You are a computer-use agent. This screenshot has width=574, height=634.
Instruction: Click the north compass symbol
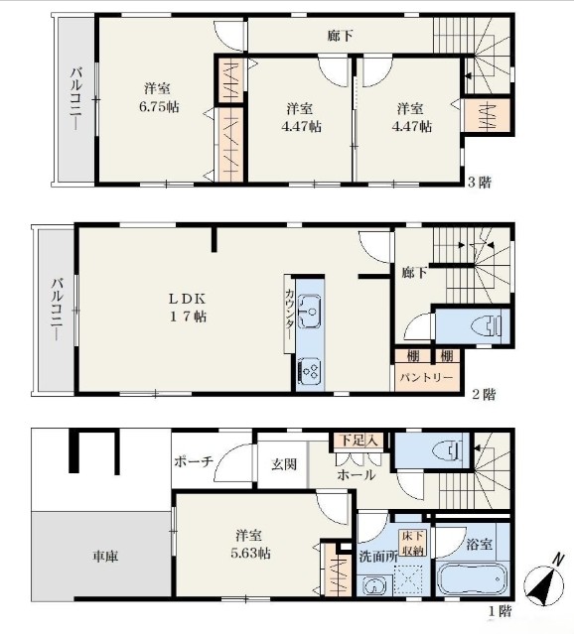point(544,582)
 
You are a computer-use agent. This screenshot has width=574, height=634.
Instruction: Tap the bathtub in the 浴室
point(472,579)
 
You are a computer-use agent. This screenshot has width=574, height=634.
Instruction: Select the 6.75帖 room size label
point(159,107)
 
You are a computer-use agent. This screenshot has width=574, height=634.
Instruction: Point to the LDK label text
point(188,299)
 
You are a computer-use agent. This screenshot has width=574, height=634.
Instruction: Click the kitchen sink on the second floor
point(310,311)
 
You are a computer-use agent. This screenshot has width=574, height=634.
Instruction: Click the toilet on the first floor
point(447,449)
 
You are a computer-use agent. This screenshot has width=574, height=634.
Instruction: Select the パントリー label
point(426,378)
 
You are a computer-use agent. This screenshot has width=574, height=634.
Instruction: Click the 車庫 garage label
point(105,557)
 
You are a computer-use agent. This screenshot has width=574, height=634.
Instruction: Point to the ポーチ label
point(194,461)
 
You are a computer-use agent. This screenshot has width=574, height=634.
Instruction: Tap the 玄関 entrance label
point(284,464)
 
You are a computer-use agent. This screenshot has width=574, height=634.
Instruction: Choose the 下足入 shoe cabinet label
point(359,441)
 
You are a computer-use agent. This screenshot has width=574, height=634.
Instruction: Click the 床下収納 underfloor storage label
point(412,543)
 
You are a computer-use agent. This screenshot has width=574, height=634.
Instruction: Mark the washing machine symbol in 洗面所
point(374,585)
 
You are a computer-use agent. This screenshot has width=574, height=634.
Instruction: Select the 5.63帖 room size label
point(250,553)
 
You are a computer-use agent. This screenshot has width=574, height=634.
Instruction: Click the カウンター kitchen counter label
point(289,315)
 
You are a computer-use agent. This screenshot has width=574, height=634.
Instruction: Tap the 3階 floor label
point(480,183)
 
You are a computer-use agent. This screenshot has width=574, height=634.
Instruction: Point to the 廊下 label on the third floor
point(340,36)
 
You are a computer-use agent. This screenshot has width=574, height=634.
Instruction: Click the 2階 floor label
point(485,394)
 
